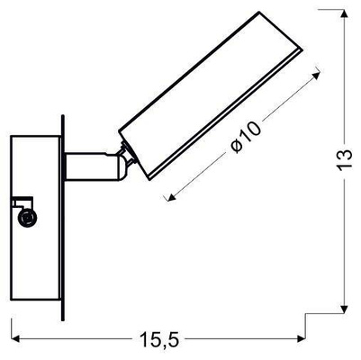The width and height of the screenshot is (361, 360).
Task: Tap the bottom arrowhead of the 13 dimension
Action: coord(347,309)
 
